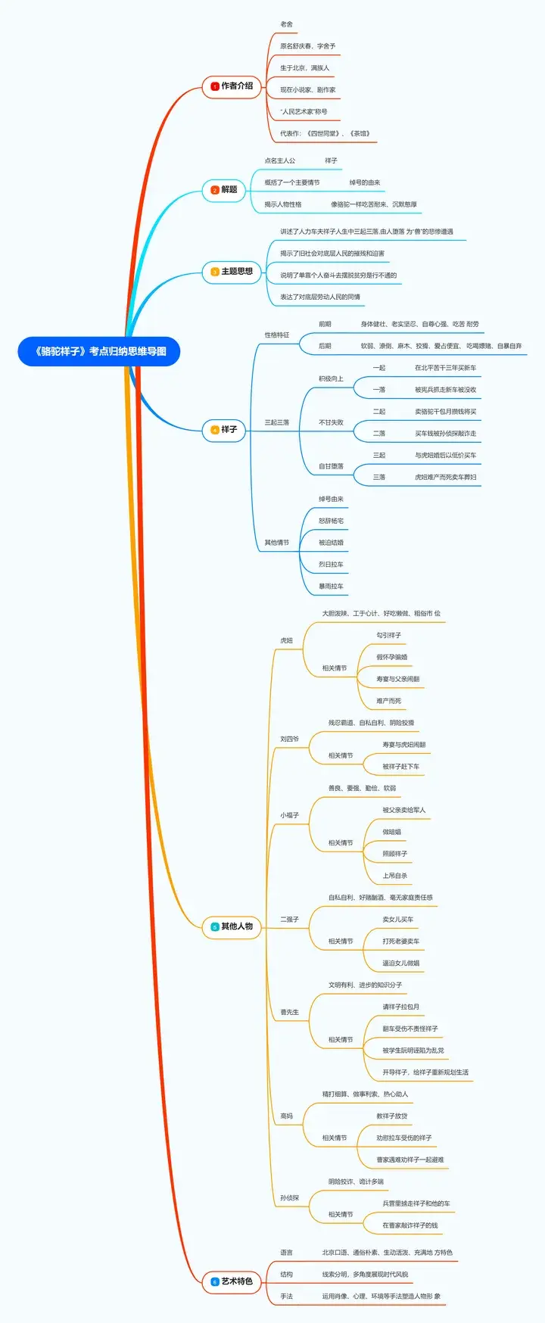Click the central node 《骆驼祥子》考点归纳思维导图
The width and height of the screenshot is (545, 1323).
point(99,351)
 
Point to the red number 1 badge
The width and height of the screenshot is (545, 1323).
point(215,86)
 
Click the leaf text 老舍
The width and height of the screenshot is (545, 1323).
point(286,24)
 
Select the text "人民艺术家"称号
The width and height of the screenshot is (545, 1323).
point(304,111)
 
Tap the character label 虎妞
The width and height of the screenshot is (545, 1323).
point(286,640)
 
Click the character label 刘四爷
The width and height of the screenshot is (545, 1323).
point(289,739)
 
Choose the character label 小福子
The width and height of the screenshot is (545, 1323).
point(289,815)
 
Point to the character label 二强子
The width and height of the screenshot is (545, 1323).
point(289,920)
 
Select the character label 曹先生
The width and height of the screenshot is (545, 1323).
point(289,1012)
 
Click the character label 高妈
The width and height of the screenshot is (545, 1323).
point(286,1116)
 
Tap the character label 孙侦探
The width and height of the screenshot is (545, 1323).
point(289,1198)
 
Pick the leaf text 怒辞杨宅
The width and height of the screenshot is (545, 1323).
point(331,521)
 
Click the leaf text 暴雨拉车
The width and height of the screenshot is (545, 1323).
point(331,587)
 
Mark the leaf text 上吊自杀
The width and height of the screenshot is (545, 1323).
point(394,876)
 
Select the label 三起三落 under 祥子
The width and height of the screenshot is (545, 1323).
point(276,422)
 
